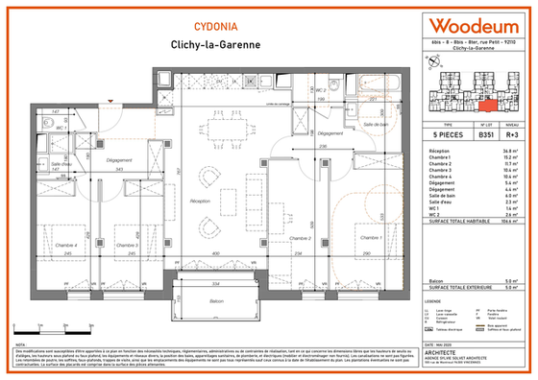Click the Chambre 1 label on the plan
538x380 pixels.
coord(368,236)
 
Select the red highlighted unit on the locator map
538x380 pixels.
coord(486,97)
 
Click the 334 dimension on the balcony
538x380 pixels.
coord(217,285)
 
